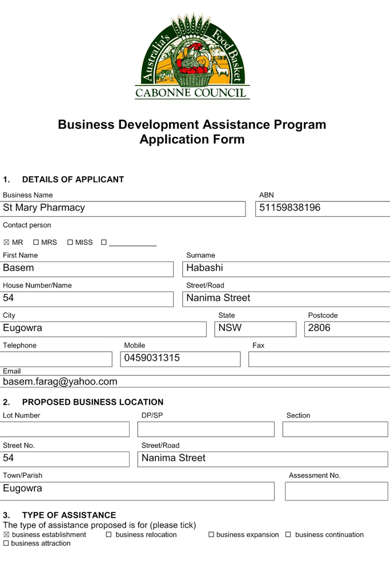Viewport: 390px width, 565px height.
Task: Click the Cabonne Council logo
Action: pyautogui.click(x=192, y=56)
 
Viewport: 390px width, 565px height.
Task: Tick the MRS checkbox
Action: pyautogui.click(x=36, y=243)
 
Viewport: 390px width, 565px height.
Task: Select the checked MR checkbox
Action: pyautogui.click(x=6, y=243)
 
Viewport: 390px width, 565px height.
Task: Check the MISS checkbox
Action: pyautogui.click(x=70, y=243)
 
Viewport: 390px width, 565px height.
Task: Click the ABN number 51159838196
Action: pyautogui.click(x=290, y=208)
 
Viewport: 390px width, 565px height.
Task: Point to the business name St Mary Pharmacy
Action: pyautogui.click(x=44, y=208)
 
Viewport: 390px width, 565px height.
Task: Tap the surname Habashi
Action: pyautogui.click(x=205, y=268)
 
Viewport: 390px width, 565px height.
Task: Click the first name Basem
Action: pyautogui.click(x=18, y=268)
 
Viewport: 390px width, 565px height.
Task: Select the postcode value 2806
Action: pyautogui.click(x=319, y=328)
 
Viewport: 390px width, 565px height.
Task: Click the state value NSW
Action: pyautogui.click(x=230, y=328)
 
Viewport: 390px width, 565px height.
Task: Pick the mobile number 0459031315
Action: pyautogui.click(x=152, y=358)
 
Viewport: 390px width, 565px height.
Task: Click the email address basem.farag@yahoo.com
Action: pyautogui.click(x=60, y=382)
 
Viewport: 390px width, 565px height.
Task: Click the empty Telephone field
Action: pyautogui.click(x=56, y=359)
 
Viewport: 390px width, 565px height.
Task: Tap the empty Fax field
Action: pyautogui.click(x=319, y=359)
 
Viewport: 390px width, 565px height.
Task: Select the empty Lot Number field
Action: pyautogui.click(x=65, y=430)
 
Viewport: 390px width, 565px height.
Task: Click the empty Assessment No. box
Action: pyautogui.click(x=336, y=491)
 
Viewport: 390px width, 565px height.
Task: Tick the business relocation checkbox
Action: pyautogui.click(x=108, y=535)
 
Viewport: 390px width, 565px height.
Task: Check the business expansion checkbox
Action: pyautogui.click(x=211, y=535)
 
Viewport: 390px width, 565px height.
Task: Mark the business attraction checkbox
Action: pyautogui.click(x=6, y=543)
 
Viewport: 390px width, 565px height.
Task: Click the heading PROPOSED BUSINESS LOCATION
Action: pyautogui.click(x=93, y=402)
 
